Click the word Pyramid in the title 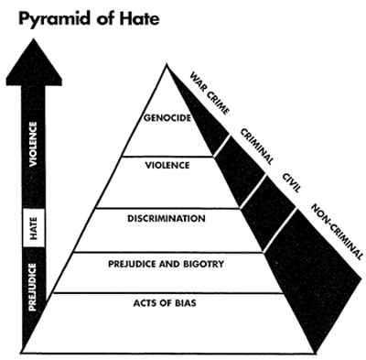[55, 19]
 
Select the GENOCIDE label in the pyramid [167, 118]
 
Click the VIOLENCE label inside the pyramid [167, 166]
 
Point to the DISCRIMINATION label [167, 219]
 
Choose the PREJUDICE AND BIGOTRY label [167, 264]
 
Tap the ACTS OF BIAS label [165, 303]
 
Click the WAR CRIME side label [210, 93]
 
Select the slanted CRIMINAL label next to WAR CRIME [256, 147]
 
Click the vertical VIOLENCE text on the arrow [33, 144]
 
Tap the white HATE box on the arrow [34, 228]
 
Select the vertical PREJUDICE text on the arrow [33, 288]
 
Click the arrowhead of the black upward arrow [34, 62]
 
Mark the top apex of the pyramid [167, 63]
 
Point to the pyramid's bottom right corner [314, 353]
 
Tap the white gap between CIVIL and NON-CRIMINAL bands [280, 230]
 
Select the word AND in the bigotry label [170, 264]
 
